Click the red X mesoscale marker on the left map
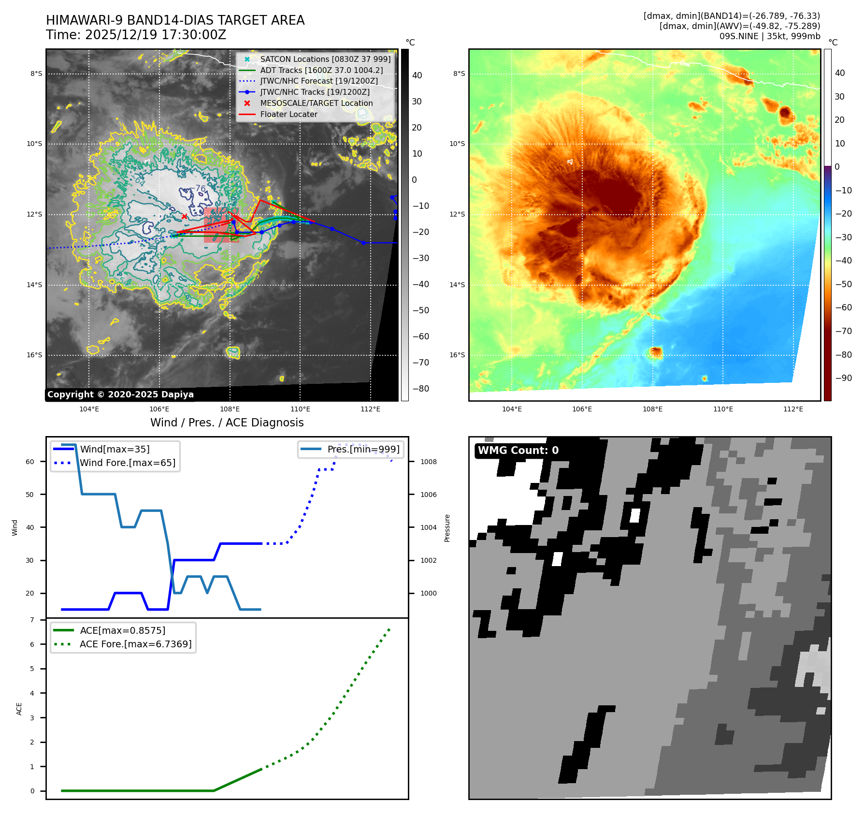click(x=184, y=217)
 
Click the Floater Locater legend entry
click(x=288, y=115)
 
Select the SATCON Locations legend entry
click(x=325, y=59)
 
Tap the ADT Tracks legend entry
click(x=321, y=71)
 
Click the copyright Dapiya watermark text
click(x=120, y=394)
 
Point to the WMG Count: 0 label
click(x=518, y=451)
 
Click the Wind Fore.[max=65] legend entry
click(x=128, y=463)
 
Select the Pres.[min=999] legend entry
click(x=363, y=450)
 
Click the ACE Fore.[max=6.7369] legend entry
click(x=135, y=644)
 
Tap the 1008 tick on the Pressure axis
click(x=428, y=462)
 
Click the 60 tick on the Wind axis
click(x=30, y=462)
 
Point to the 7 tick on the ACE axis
click(x=32, y=620)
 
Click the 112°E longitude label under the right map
click(x=793, y=409)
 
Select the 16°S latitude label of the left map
click(x=34, y=355)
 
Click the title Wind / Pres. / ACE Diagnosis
click(x=227, y=423)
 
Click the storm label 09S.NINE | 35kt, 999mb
click(x=769, y=36)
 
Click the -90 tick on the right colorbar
click(x=844, y=378)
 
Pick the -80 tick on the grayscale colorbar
click(x=421, y=389)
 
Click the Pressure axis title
click(x=447, y=528)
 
